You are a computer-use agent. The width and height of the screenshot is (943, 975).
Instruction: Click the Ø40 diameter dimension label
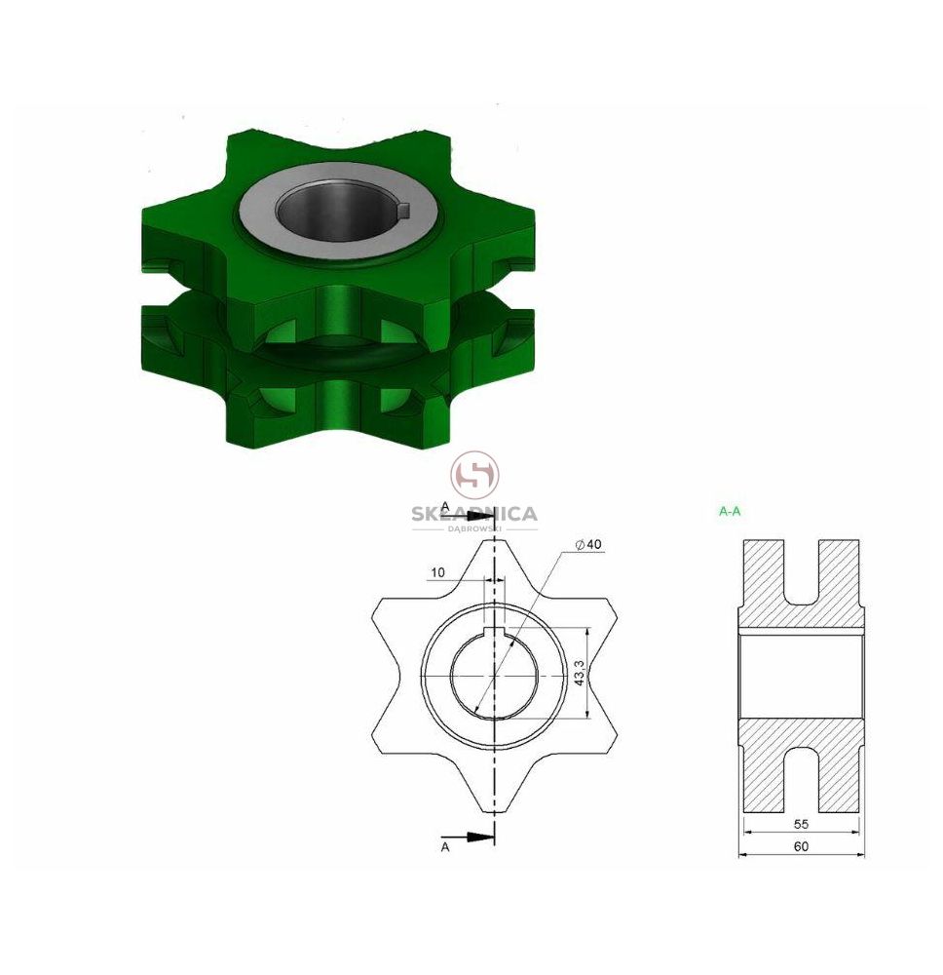tap(588, 544)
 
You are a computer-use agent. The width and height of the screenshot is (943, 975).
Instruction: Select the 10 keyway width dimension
tap(438, 572)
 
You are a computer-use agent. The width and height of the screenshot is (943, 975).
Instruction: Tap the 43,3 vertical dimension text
tap(579, 673)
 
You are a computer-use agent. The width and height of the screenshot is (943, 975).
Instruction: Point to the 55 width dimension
tap(801, 824)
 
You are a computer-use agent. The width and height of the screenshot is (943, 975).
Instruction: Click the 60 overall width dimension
tap(802, 846)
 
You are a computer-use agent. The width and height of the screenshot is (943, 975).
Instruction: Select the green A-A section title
tap(730, 511)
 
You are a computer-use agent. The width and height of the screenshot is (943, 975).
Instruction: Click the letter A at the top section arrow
tap(445, 506)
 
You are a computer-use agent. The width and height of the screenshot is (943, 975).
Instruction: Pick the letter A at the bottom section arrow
tap(445, 847)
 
